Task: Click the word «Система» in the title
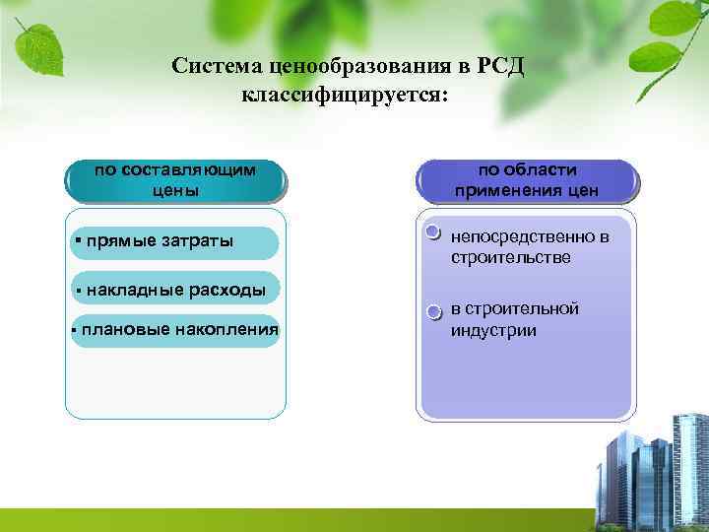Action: click(x=210, y=66)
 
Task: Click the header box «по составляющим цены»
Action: click(x=175, y=180)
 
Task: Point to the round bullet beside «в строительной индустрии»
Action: click(x=433, y=312)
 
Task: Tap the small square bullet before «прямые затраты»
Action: click(x=78, y=240)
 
